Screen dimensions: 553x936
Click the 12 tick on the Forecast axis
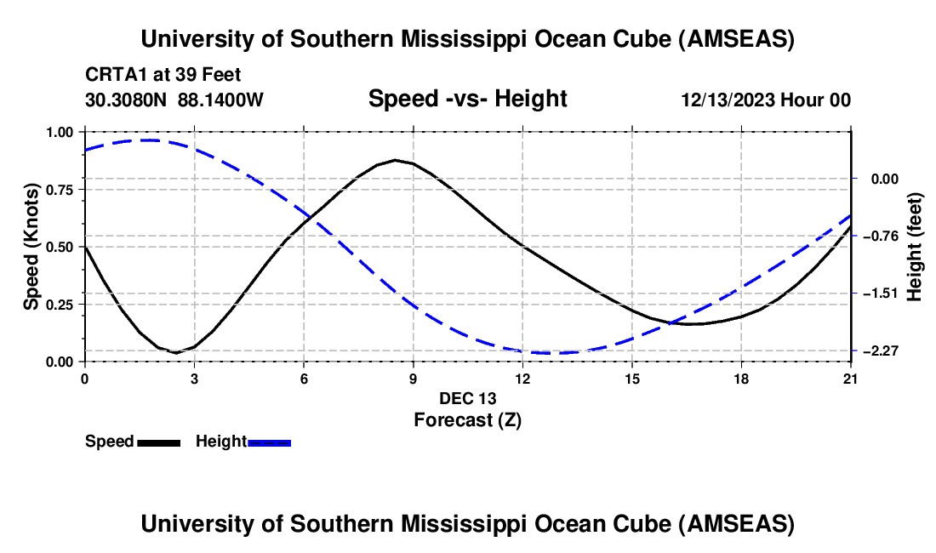[x=522, y=378]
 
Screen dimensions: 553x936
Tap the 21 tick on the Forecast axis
[x=851, y=378]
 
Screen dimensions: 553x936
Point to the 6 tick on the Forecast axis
[x=304, y=378]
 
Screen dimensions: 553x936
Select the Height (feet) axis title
[x=915, y=247]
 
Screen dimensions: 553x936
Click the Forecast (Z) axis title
[x=467, y=419]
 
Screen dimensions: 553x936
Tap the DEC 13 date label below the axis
[x=467, y=398]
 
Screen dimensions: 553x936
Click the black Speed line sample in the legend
[x=158, y=442]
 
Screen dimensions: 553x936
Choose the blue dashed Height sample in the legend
[x=269, y=442]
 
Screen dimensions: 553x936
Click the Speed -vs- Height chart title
[x=467, y=99]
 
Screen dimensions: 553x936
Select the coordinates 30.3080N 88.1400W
[x=174, y=100]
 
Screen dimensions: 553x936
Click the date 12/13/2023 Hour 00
[x=766, y=100]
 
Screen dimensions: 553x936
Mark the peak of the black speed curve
[x=396, y=160]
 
